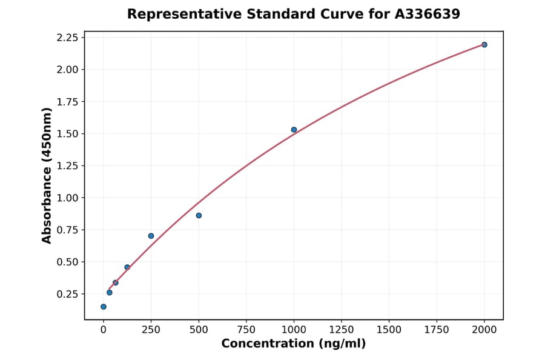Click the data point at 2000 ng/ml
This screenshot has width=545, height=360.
pos(484,45)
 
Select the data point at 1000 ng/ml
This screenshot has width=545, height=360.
pos(294,130)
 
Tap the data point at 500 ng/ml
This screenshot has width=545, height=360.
pos(199,215)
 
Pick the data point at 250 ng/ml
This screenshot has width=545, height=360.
pos(151,236)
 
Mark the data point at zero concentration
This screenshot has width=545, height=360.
pos(104,307)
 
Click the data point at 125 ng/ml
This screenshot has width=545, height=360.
pos(127,267)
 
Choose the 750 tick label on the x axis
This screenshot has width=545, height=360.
pos(246,329)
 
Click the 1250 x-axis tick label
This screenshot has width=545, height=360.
pos(342,329)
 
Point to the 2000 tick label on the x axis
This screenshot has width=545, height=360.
pos(484,329)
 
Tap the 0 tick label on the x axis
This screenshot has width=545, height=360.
pos(104,329)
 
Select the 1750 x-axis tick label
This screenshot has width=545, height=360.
pos(437,329)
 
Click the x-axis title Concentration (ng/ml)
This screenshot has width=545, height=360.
pos(294,344)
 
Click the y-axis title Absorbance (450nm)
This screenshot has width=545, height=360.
pos(47,175)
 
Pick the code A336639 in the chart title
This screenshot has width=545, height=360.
pos(427,14)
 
